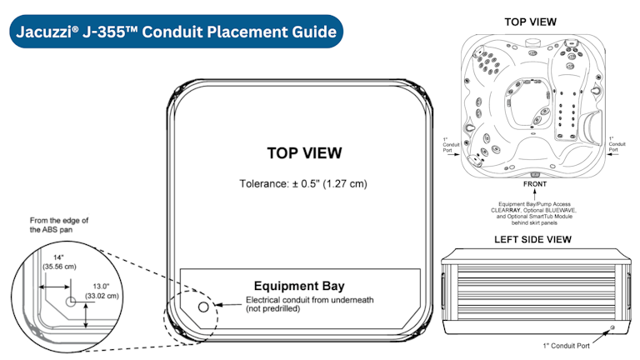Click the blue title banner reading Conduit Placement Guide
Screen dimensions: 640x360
tap(176, 32)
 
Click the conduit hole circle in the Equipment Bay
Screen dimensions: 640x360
tap(203, 307)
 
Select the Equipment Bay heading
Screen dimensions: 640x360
tap(299, 286)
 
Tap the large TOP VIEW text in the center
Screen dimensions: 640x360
tap(304, 153)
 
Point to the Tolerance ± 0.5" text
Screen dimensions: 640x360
tap(303, 183)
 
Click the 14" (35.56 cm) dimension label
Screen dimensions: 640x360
tap(60, 262)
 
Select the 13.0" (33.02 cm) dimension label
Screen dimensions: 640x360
tap(102, 292)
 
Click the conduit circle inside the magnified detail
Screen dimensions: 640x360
tap(71, 302)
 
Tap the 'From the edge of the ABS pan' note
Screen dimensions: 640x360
tap(59, 225)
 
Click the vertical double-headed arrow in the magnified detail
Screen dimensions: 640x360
tap(86, 316)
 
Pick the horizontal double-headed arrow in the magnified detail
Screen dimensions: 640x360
tap(54, 287)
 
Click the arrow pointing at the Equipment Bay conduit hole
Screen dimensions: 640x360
tap(228, 304)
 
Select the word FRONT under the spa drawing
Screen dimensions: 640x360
tap(535, 184)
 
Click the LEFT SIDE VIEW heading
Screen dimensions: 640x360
tap(532, 240)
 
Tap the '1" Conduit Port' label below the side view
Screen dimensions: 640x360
tap(566, 346)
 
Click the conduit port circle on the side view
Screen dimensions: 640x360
tap(612, 327)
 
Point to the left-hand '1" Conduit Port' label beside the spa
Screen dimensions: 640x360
tap(451, 144)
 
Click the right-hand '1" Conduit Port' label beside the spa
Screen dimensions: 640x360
tap(617, 144)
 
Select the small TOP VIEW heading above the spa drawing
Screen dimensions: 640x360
tap(530, 22)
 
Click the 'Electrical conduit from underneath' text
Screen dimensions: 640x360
tap(309, 300)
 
